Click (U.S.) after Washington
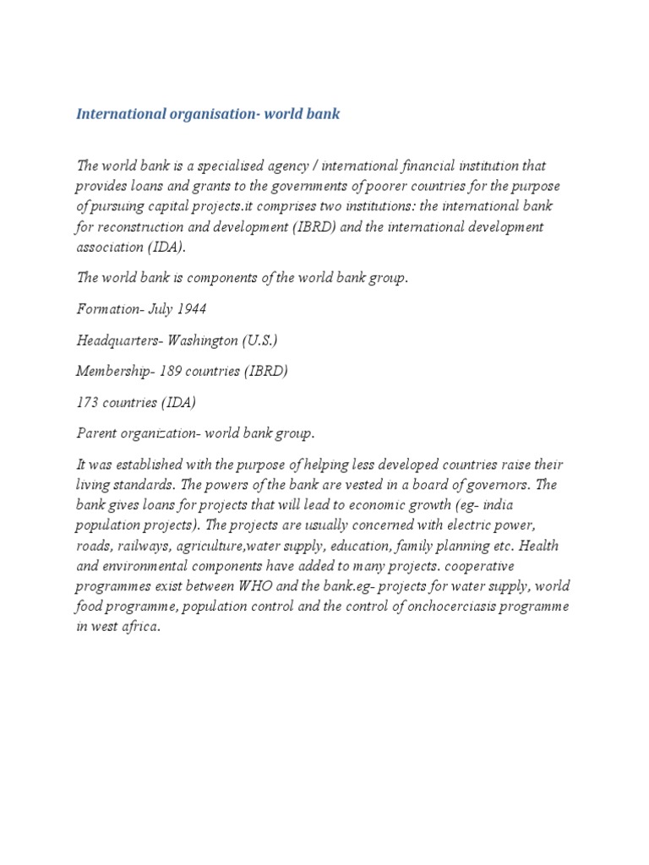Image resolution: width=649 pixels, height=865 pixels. (260, 340)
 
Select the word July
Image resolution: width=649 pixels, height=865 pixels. (161, 309)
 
